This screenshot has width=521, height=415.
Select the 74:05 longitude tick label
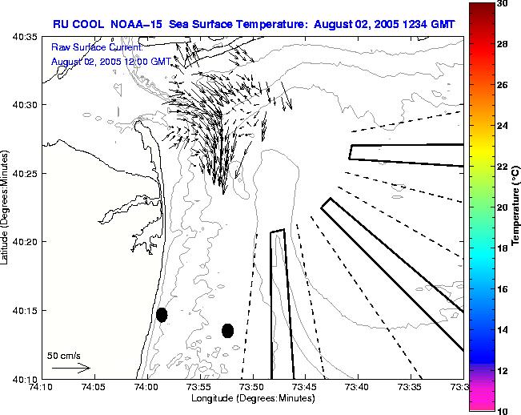(x=94, y=388)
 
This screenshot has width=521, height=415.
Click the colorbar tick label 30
(x=502, y=3)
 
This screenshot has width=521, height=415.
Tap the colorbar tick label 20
(x=502, y=207)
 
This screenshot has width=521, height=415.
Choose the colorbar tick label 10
(x=502, y=410)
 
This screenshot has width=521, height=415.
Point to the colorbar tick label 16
(x=502, y=288)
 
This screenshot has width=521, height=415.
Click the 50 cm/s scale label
(x=64, y=355)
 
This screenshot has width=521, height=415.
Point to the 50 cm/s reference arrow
(x=71, y=368)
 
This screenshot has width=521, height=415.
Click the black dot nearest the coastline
(x=162, y=315)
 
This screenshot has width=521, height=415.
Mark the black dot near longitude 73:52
(x=227, y=330)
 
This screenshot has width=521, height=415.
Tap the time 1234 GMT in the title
(x=427, y=24)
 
